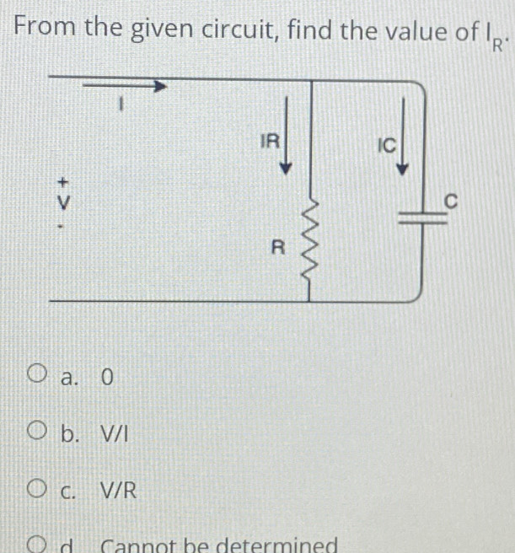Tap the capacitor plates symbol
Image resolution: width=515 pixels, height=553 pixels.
point(421,218)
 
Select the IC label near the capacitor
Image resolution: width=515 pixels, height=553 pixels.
point(385,145)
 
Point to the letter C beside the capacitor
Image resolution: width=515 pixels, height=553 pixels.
point(451,201)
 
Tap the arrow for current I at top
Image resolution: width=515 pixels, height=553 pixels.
point(126,85)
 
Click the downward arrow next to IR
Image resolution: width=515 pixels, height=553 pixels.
point(287,135)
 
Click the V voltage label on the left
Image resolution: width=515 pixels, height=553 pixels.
point(62,203)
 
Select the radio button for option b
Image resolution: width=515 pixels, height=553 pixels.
point(35,432)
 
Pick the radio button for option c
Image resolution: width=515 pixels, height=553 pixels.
point(35,487)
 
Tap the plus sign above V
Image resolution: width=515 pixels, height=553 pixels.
point(62,180)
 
